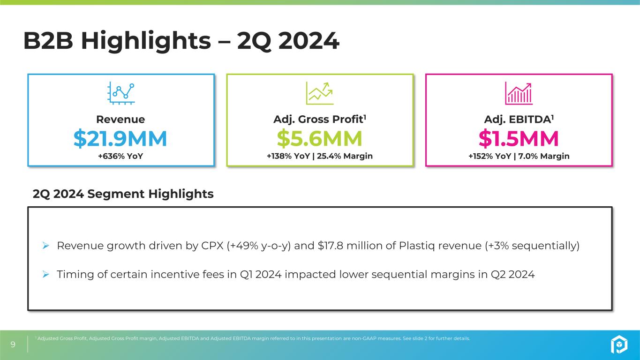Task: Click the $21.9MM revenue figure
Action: (120, 138)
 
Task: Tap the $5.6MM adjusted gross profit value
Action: (319, 138)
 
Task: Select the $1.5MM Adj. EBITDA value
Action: (519, 138)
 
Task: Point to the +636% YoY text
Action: (120, 156)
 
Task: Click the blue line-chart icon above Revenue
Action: (121, 93)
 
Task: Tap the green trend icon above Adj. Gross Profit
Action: (320, 93)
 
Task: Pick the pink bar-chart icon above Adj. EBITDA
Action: (519, 93)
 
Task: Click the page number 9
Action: (13, 345)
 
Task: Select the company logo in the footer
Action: (618, 345)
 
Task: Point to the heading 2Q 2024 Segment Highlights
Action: (123, 194)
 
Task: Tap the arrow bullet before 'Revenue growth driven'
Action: (46, 246)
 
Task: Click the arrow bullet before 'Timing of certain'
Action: (46, 275)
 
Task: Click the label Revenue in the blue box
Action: (120, 120)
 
